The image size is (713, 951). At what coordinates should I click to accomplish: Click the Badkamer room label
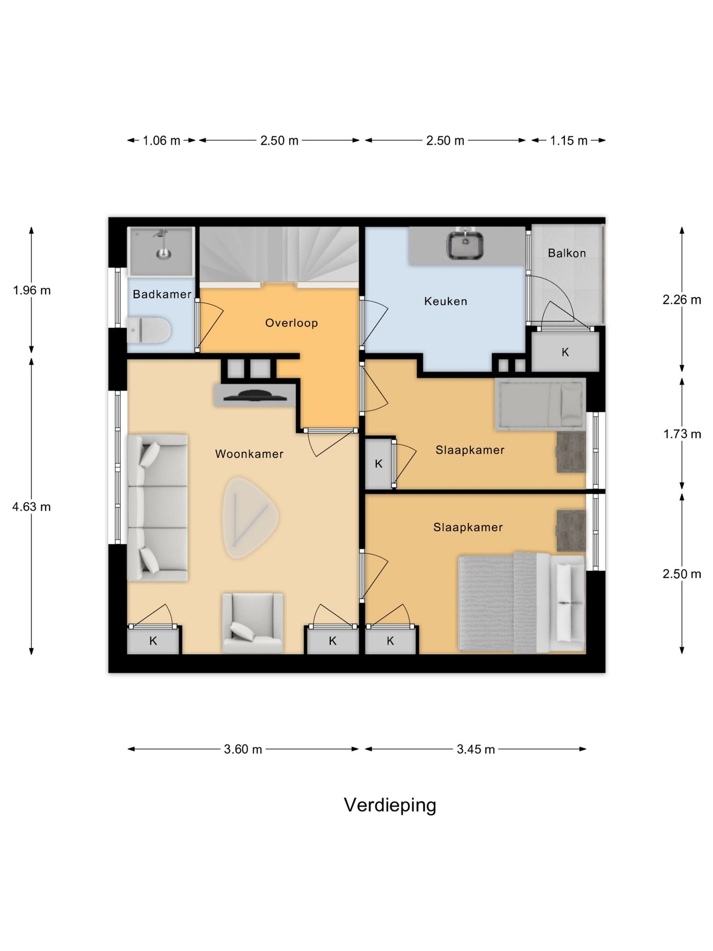pyautogui.click(x=162, y=294)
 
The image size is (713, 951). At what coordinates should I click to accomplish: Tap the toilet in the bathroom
pyautogui.click(x=149, y=330)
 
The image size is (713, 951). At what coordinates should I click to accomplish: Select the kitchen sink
pyautogui.click(x=465, y=245)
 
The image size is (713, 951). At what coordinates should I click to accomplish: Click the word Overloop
pyautogui.click(x=291, y=323)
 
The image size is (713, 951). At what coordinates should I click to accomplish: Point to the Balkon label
pyautogui.click(x=567, y=253)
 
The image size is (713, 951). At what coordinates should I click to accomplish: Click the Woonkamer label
pyautogui.click(x=249, y=454)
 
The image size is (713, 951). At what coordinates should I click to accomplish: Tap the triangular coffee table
pyautogui.click(x=250, y=518)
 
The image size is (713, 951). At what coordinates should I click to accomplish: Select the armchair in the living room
pyautogui.click(x=253, y=623)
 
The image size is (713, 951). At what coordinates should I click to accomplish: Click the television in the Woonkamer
pyautogui.click(x=255, y=395)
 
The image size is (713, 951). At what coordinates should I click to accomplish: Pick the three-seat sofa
pyautogui.click(x=157, y=507)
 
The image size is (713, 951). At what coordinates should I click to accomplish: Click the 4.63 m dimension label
pyautogui.click(x=32, y=507)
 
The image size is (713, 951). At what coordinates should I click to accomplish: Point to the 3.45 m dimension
pyautogui.click(x=476, y=749)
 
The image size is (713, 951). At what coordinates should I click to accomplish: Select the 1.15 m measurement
pyautogui.click(x=569, y=141)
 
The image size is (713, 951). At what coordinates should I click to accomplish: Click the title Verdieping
pyautogui.click(x=390, y=805)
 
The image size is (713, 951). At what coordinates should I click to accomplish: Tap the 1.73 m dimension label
pyautogui.click(x=682, y=434)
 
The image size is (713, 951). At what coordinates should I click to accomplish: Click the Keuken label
pyautogui.click(x=446, y=301)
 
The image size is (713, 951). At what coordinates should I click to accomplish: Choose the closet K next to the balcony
pyautogui.click(x=565, y=352)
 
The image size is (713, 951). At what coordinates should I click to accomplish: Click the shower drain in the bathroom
pyautogui.click(x=163, y=255)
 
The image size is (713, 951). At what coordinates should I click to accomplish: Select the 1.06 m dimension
pyautogui.click(x=161, y=141)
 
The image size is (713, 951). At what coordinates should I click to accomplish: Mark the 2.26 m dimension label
pyautogui.click(x=682, y=300)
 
